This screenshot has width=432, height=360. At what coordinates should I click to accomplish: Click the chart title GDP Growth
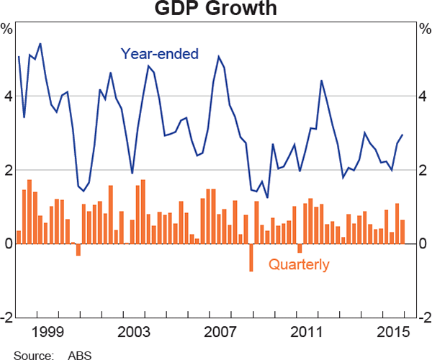coord(216,9)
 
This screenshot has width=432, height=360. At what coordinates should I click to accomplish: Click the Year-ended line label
coord(159,53)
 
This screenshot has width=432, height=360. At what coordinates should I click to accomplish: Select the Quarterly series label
coord(299,265)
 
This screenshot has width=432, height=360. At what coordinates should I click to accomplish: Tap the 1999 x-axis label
coord(49,333)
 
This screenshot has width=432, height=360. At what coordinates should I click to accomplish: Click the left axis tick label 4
coord(8,96)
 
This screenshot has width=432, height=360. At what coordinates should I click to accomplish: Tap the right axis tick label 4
coord(423,96)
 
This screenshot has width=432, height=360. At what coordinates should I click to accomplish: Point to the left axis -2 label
coord(6,318)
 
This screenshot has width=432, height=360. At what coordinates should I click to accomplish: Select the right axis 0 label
coord(423,244)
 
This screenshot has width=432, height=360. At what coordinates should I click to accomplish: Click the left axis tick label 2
coord(8,171)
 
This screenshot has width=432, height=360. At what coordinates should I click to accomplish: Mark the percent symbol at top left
coord(7,30)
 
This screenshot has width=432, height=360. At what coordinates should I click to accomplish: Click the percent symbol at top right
coord(423,30)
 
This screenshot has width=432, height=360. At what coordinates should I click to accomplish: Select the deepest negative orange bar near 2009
coord(251,257)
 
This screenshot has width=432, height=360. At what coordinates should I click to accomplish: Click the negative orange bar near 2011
coord(300,248)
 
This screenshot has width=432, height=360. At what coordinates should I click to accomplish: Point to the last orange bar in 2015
coord(402,231)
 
